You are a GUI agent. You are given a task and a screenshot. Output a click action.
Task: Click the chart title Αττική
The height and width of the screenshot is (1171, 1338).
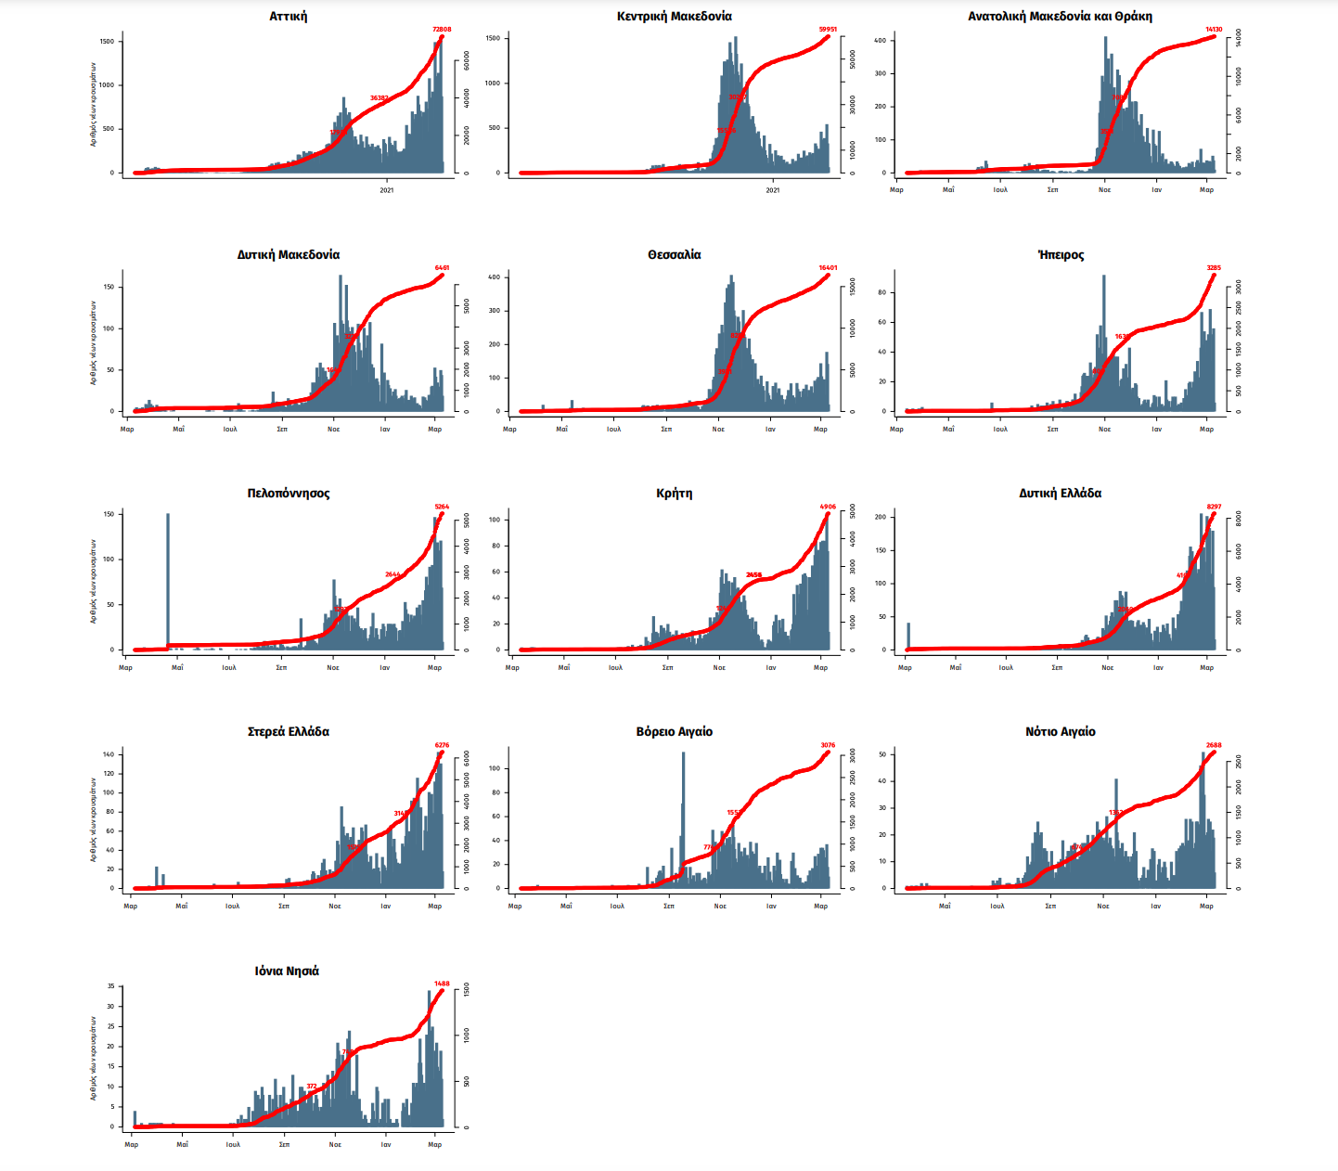pos(288,17)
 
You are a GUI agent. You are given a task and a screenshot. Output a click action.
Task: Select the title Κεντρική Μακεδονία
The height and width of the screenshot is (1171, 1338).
pos(674,17)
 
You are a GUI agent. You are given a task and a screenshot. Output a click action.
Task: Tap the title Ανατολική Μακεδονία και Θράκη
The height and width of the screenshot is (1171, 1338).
pos(1060,17)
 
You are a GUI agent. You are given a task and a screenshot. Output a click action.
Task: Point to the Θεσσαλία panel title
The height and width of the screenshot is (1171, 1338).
pos(674,255)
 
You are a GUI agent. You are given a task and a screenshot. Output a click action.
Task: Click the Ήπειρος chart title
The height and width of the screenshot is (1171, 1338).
pos(1061,255)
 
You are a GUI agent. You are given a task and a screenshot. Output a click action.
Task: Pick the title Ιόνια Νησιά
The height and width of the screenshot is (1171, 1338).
pos(287,972)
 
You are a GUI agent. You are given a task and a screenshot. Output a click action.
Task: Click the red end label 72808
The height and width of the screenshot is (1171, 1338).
pos(442,30)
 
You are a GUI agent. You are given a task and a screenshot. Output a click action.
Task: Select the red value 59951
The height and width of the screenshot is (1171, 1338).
pos(828,30)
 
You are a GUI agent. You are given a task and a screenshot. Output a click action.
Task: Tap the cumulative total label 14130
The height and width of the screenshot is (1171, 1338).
pos(1214,30)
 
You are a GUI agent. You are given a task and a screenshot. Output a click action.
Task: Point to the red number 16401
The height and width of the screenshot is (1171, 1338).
pos(828,268)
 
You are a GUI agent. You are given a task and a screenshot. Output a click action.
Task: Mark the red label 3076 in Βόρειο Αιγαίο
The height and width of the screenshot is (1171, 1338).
pos(828,745)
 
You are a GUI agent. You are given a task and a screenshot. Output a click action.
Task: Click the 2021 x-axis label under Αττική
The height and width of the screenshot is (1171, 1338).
pos(387,190)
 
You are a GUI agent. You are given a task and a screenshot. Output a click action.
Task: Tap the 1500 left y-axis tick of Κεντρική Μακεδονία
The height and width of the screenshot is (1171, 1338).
pos(493,39)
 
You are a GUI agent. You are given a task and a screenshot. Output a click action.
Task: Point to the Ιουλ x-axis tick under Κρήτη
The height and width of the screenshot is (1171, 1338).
pos(615,667)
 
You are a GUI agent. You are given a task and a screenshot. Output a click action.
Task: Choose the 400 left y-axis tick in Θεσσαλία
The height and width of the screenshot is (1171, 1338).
pos(494,277)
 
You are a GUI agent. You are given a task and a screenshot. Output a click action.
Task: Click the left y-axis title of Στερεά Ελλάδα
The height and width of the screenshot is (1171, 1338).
pos(93,820)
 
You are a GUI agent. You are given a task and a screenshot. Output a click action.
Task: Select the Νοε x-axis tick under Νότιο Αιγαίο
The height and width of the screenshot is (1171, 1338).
pos(1102,906)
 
